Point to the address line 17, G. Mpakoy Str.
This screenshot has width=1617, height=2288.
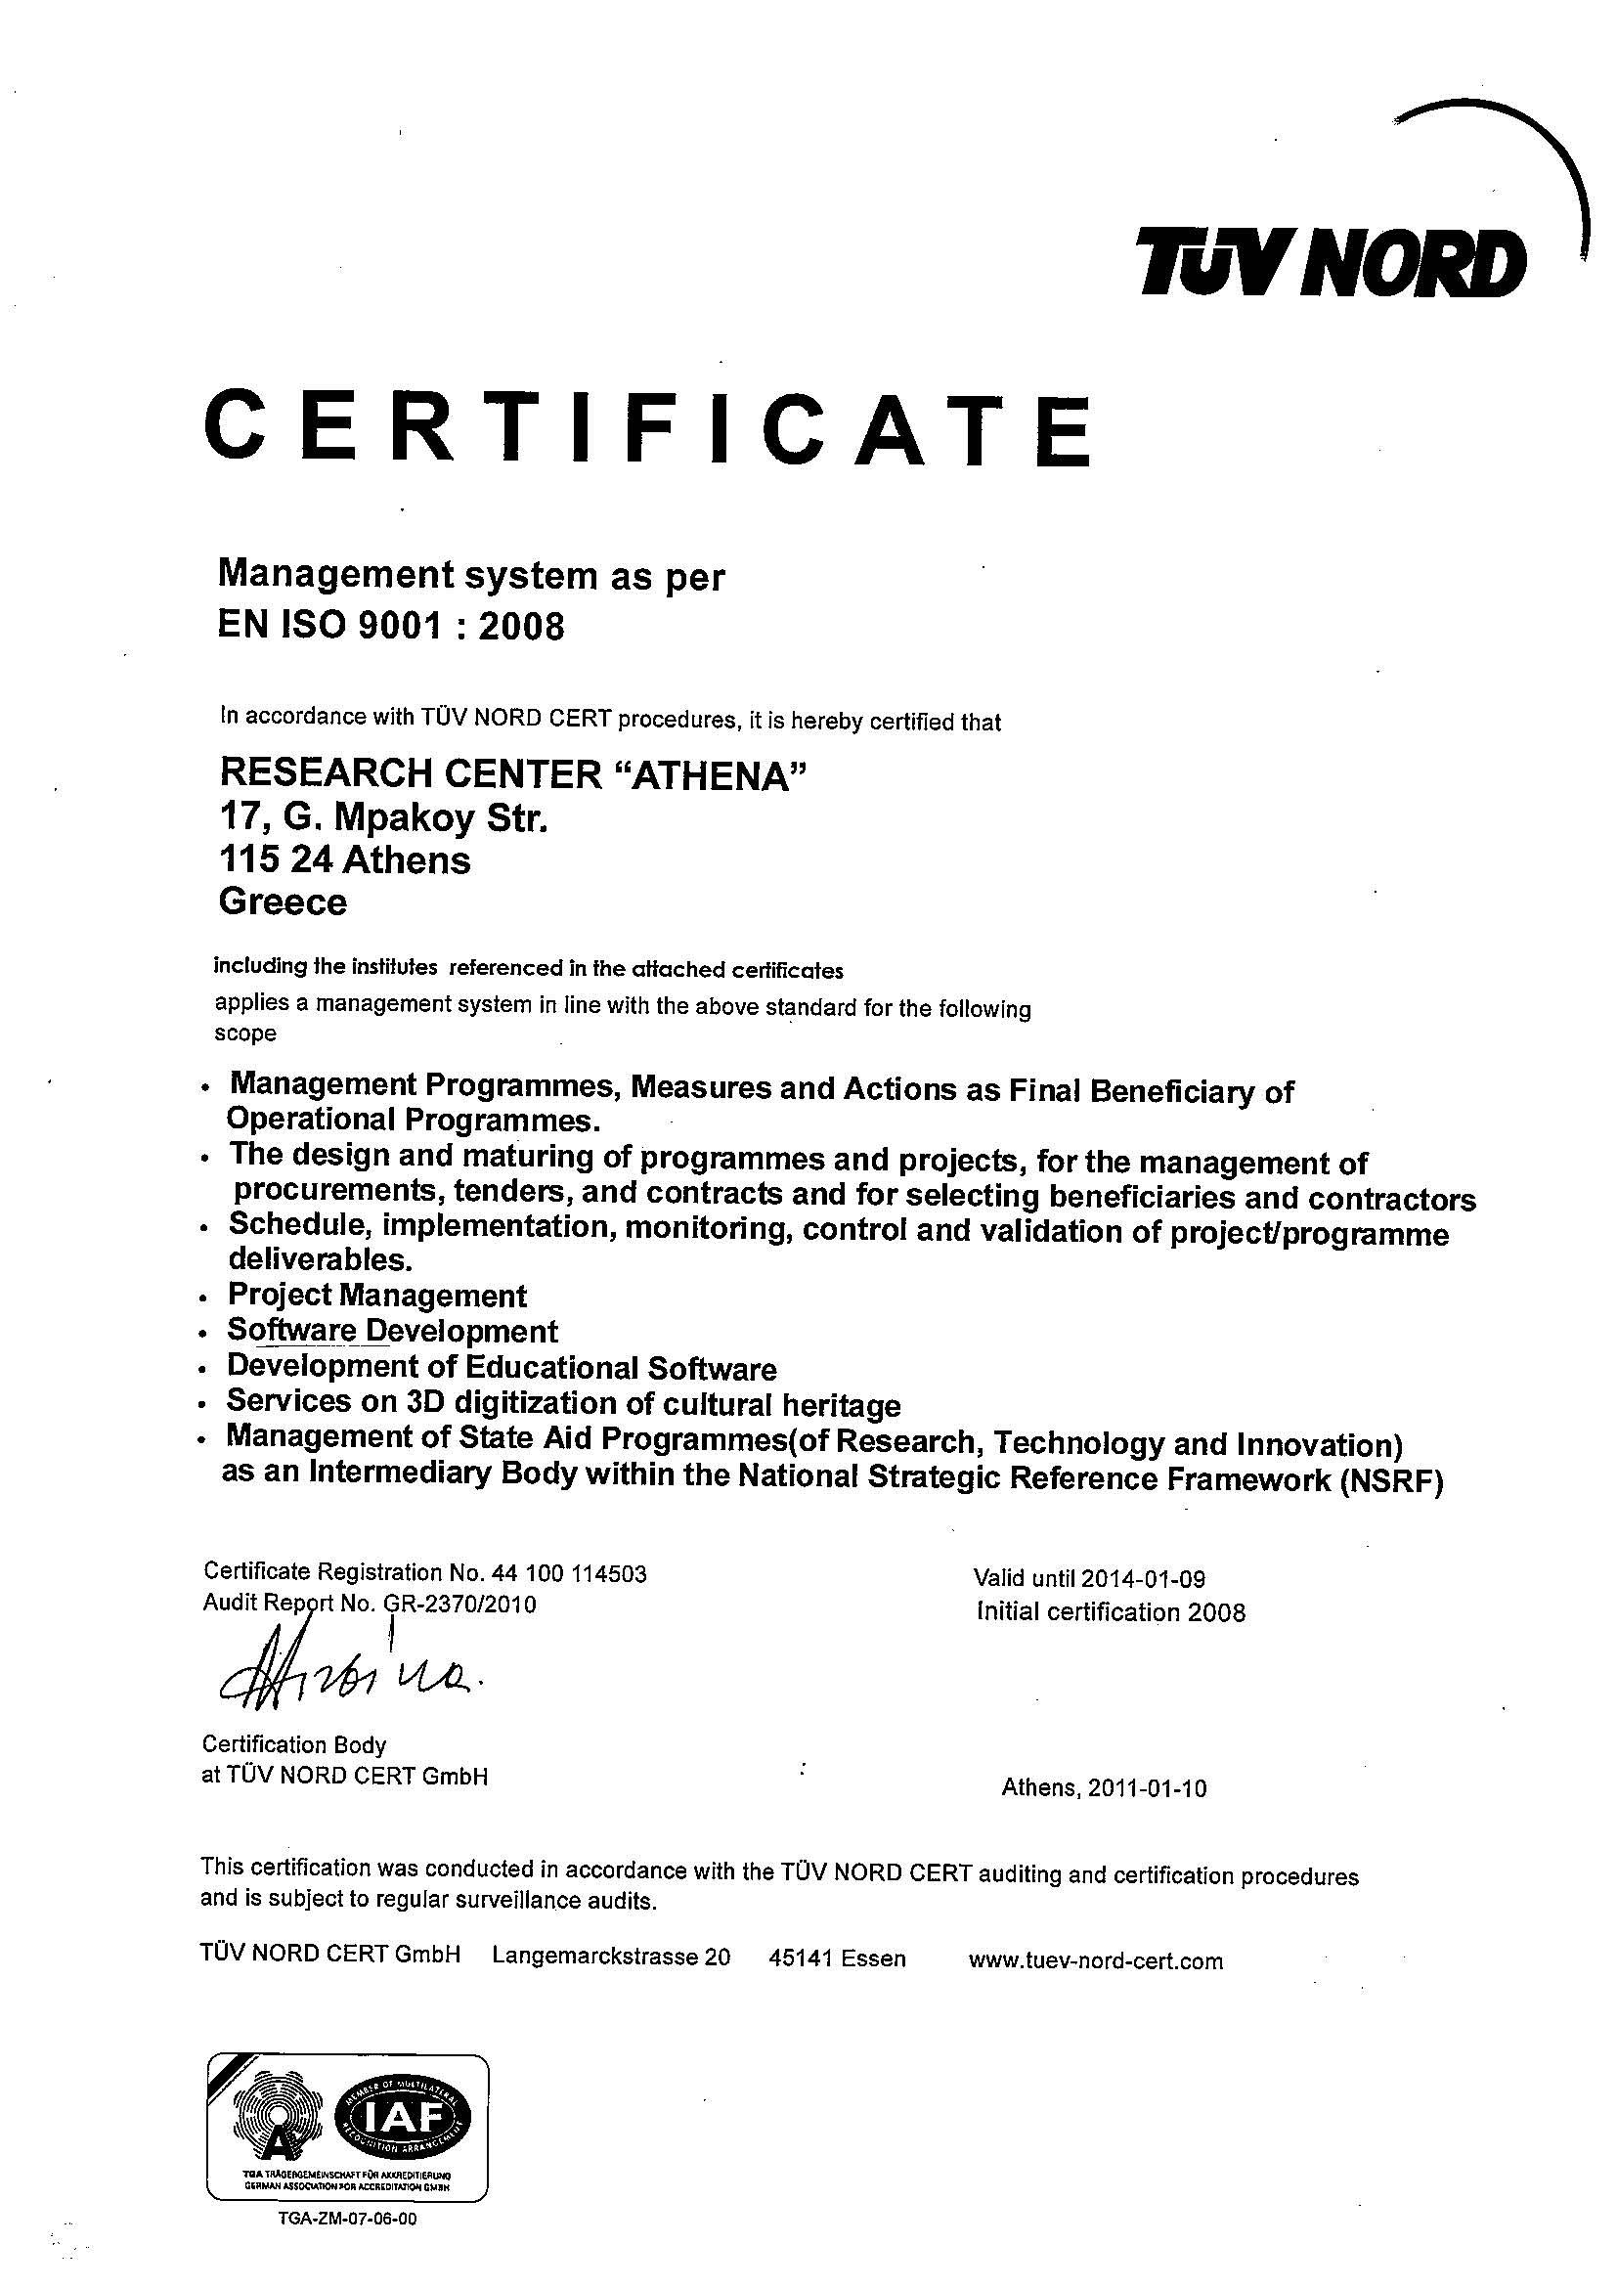click(x=382, y=818)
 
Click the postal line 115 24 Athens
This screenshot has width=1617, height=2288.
click(x=344, y=860)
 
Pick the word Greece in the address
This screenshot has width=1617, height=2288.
click(x=283, y=902)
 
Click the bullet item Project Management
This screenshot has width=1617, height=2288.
click(x=376, y=1295)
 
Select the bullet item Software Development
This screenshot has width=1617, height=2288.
click(x=393, y=1331)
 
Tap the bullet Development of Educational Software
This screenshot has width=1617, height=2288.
click(x=502, y=1367)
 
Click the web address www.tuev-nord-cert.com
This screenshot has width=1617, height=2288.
click(x=1095, y=1961)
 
